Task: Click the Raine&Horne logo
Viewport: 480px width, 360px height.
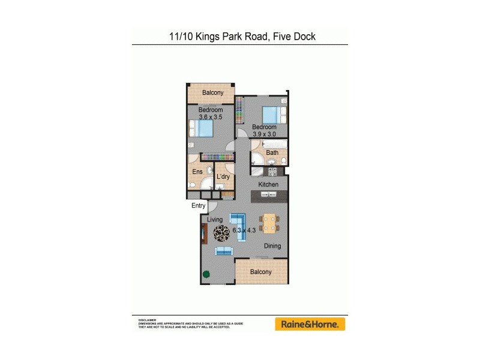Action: pos(310,324)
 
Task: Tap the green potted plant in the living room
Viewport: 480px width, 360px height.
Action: pos(206,275)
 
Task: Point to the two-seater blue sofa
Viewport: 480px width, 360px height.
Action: pos(224,251)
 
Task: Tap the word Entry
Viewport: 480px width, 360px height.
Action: pos(199,206)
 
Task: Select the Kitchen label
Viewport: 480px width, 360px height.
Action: pos(268,184)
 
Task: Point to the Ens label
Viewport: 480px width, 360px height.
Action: pos(197,172)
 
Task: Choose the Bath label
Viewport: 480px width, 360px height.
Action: pos(272,153)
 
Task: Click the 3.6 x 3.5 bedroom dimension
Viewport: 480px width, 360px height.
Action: pos(211,118)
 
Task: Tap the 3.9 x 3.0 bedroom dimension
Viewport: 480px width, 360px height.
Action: pos(264,134)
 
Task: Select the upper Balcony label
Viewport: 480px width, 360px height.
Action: pos(212,92)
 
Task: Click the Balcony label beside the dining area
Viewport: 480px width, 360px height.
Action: pos(261,272)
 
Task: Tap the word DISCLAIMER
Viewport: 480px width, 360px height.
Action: pos(147,320)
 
